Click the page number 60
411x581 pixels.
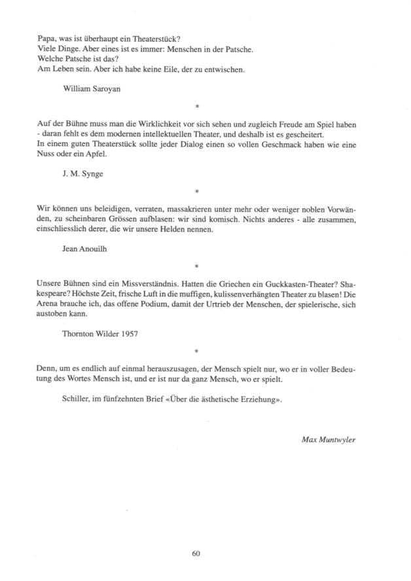[x=196, y=552]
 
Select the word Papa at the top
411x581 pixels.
[x=46, y=39]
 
